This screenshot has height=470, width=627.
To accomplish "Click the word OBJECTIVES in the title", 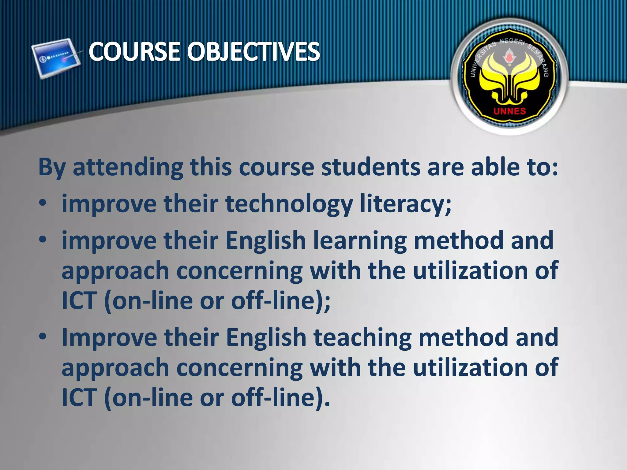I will tap(253, 51).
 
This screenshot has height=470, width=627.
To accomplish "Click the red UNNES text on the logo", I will tap(509, 111).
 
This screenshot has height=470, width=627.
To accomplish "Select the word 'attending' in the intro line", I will tap(128, 167).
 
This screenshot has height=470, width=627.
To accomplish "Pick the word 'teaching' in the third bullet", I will tap(362, 337).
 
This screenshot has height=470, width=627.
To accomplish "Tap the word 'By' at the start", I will tap(51, 168).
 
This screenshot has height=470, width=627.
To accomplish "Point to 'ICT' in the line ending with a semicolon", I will tap(79, 301).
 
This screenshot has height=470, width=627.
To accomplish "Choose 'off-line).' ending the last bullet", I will tap(280, 397).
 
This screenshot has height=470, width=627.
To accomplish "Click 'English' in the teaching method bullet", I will tap(266, 337).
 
